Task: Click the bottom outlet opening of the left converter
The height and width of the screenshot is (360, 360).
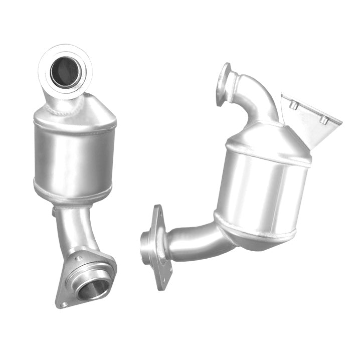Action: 93,288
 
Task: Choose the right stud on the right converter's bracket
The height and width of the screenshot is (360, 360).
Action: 325,120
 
